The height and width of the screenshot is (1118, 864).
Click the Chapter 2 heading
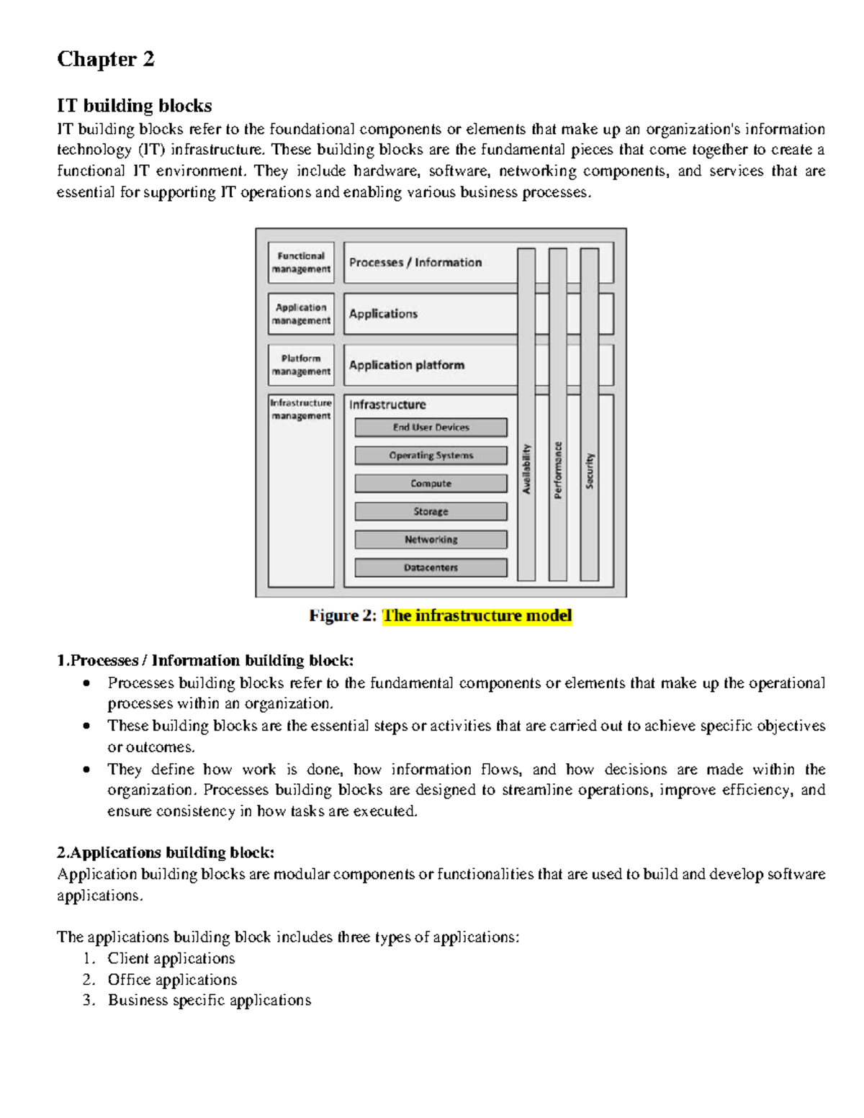(106, 59)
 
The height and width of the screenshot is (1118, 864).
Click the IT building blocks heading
(134, 106)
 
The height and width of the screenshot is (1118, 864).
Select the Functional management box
(301, 263)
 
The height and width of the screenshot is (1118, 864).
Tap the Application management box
(301, 314)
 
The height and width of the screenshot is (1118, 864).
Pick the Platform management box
(301, 365)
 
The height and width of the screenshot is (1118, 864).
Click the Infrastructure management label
(301, 410)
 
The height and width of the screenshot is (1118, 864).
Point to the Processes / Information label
(415, 263)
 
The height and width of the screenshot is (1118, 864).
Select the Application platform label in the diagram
(407, 365)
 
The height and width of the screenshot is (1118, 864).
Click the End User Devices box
(431, 428)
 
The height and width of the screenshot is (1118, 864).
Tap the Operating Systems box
(431, 456)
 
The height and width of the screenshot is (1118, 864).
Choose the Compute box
(431, 484)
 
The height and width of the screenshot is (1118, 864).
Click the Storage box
(431, 512)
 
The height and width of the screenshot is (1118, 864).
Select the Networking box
(431, 540)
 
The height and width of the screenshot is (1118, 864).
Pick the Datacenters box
(431, 568)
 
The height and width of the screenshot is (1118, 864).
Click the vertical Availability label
(526, 469)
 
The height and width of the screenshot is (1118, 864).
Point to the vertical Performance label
(558, 470)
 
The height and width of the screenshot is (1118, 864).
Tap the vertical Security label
(590, 471)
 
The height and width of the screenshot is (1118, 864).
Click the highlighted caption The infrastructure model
(477, 616)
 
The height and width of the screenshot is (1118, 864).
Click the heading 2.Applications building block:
(166, 853)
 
